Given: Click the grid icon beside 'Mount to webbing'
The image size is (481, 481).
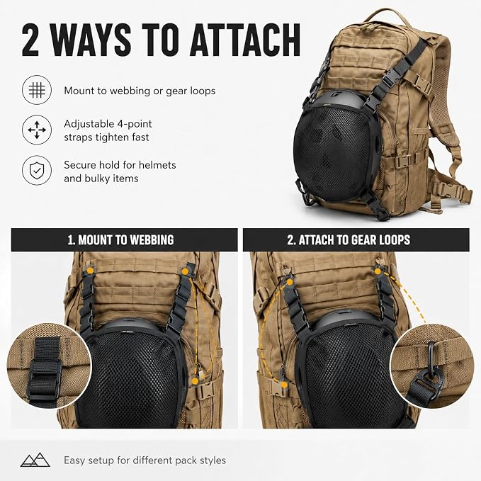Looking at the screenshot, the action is click(37, 90).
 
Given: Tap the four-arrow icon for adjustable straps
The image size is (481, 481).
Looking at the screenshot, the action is click(37, 130).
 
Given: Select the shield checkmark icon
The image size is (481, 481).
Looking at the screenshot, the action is click(37, 170).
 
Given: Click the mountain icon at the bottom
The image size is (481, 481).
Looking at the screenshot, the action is click(35, 460).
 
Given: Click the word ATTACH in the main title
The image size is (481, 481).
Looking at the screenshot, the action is click(245, 40).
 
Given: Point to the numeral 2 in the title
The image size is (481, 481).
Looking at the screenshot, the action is click(30, 40).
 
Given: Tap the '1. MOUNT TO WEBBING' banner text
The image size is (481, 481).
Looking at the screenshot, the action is click(121, 240).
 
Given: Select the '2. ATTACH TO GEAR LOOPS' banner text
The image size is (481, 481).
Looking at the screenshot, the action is click(349, 240).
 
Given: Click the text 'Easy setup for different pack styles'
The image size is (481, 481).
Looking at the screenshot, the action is click(145, 460).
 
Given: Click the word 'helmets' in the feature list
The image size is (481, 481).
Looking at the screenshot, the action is click(157, 165).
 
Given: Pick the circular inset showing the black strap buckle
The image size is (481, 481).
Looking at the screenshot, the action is click(49, 366).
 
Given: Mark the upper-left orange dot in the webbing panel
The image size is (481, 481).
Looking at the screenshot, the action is click(90, 271).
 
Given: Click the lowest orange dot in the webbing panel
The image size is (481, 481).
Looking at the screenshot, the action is click(195, 381).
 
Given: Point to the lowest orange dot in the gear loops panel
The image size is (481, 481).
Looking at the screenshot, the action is click(284, 385).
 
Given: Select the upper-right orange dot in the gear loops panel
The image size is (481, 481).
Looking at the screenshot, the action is click(378, 271).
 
